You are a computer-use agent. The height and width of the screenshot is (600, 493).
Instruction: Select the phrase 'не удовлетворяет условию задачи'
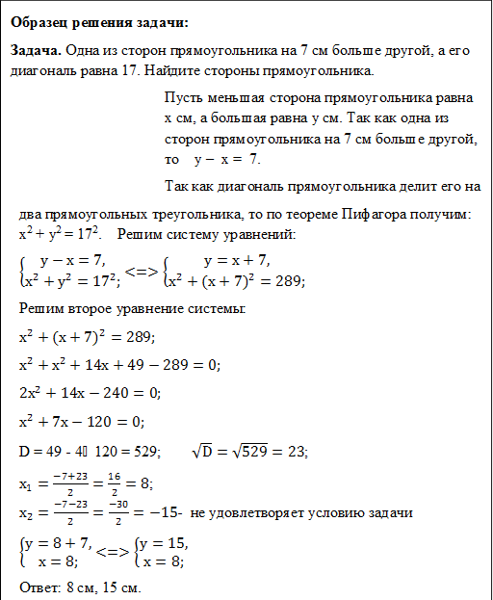(302, 510)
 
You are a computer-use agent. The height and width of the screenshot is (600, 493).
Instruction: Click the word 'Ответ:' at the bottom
(41, 587)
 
